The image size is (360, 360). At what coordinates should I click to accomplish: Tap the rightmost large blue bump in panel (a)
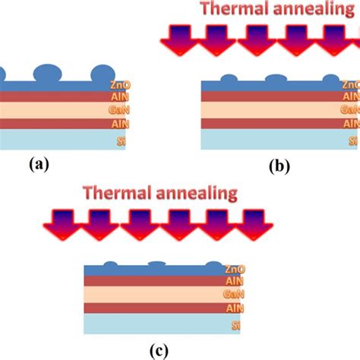click(102, 74)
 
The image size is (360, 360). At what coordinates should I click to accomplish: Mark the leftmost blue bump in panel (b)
click(228, 77)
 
